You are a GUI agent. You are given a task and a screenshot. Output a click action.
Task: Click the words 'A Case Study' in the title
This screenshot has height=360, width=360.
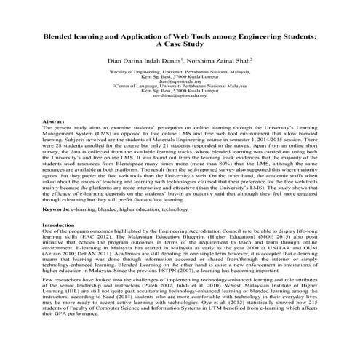pyautogui.click(x=180, y=44)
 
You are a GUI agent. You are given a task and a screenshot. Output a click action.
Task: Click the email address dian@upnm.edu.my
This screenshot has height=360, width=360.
pyautogui.click(x=180, y=82)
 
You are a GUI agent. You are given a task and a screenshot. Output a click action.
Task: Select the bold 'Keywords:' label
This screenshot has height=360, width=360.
pyautogui.click(x=57, y=189)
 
